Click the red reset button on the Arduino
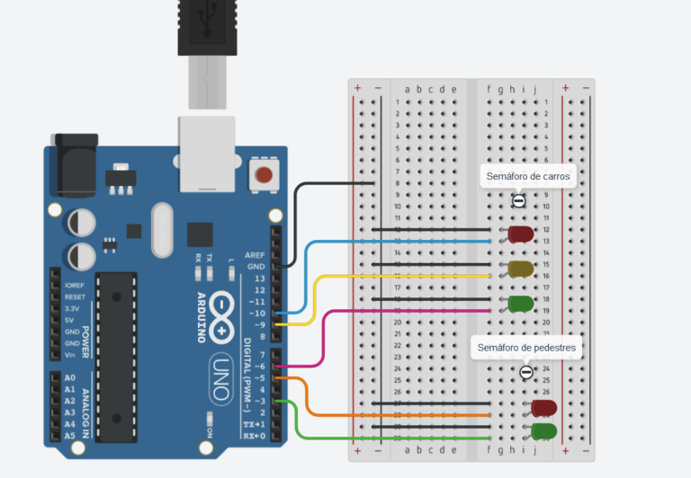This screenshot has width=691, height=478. pyautogui.click(x=264, y=174)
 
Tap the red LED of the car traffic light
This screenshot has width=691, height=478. pyautogui.click(x=521, y=235)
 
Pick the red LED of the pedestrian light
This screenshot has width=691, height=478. pyautogui.click(x=544, y=408)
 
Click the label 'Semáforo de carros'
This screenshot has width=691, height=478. pyautogui.click(x=528, y=177)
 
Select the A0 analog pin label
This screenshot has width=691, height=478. pyautogui.click(x=70, y=378)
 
